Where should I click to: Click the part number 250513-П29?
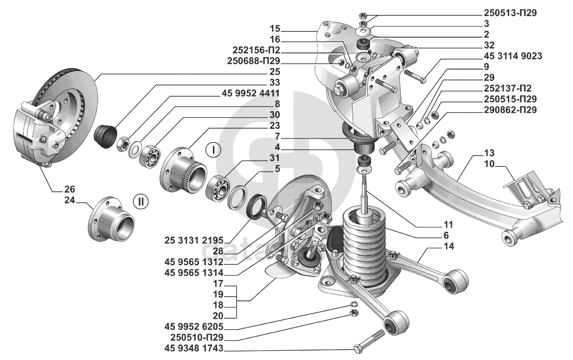pyautogui.click(x=510, y=13)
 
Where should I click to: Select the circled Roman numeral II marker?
pyautogui.click(x=141, y=201)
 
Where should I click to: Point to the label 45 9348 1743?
pyautogui.click(x=194, y=348)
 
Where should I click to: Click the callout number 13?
pyautogui.click(x=490, y=152)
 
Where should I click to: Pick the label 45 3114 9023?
pyautogui.click(x=513, y=56)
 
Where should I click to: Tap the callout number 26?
pyautogui.click(x=70, y=189)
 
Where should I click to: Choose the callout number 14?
pyautogui.click(x=449, y=247)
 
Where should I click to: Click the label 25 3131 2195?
pyautogui.click(x=194, y=241)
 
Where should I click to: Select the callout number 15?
pyautogui.click(x=275, y=28)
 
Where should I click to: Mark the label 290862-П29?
pyautogui.click(x=510, y=110)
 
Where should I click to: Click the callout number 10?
pyautogui.click(x=490, y=164)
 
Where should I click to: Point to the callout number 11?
pyautogui.click(x=449, y=225)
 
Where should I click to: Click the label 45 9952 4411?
pyautogui.click(x=250, y=93)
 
